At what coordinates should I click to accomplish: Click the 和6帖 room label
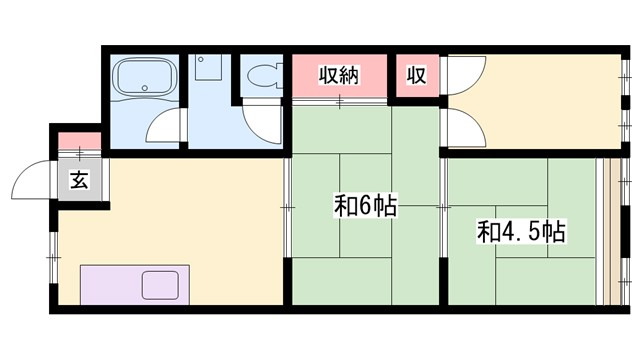click(x=365, y=207)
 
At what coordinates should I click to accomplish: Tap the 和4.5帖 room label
click(x=521, y=233)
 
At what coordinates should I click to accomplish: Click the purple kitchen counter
click(x=110, y=285)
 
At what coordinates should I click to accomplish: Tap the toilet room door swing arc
click(x=262, y=123)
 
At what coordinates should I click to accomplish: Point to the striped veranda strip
click(x=611, y=231)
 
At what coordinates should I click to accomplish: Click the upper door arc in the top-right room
click(x=464, y=76)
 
